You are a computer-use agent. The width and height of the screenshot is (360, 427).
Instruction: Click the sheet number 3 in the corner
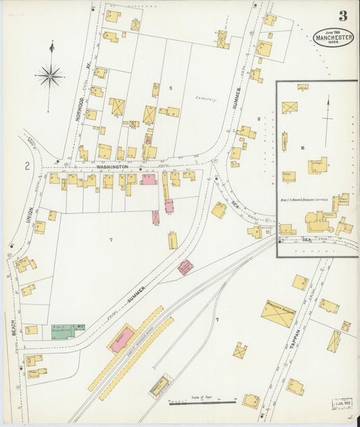[343, 16]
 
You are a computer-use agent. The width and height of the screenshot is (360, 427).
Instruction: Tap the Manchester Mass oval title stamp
[334, 38]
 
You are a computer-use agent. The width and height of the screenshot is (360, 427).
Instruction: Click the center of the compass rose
[50, 76]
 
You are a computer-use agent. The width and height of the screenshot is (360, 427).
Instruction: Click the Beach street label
[13, 328]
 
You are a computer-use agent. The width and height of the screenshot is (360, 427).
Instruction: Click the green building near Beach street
[68, 332]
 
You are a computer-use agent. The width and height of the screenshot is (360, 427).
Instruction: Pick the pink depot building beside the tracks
[122, 338]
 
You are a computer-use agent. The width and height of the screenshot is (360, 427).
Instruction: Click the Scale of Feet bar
[202, 403]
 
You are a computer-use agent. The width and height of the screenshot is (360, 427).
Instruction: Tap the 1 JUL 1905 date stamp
[343, 404]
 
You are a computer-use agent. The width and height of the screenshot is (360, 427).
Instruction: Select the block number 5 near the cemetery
[171, 88]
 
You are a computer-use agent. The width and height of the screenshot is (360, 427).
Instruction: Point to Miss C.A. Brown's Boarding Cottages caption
[309, 201]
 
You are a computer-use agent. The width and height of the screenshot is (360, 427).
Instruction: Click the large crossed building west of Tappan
[278, 313]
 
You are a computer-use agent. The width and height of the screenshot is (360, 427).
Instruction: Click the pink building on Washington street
[149, 179]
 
